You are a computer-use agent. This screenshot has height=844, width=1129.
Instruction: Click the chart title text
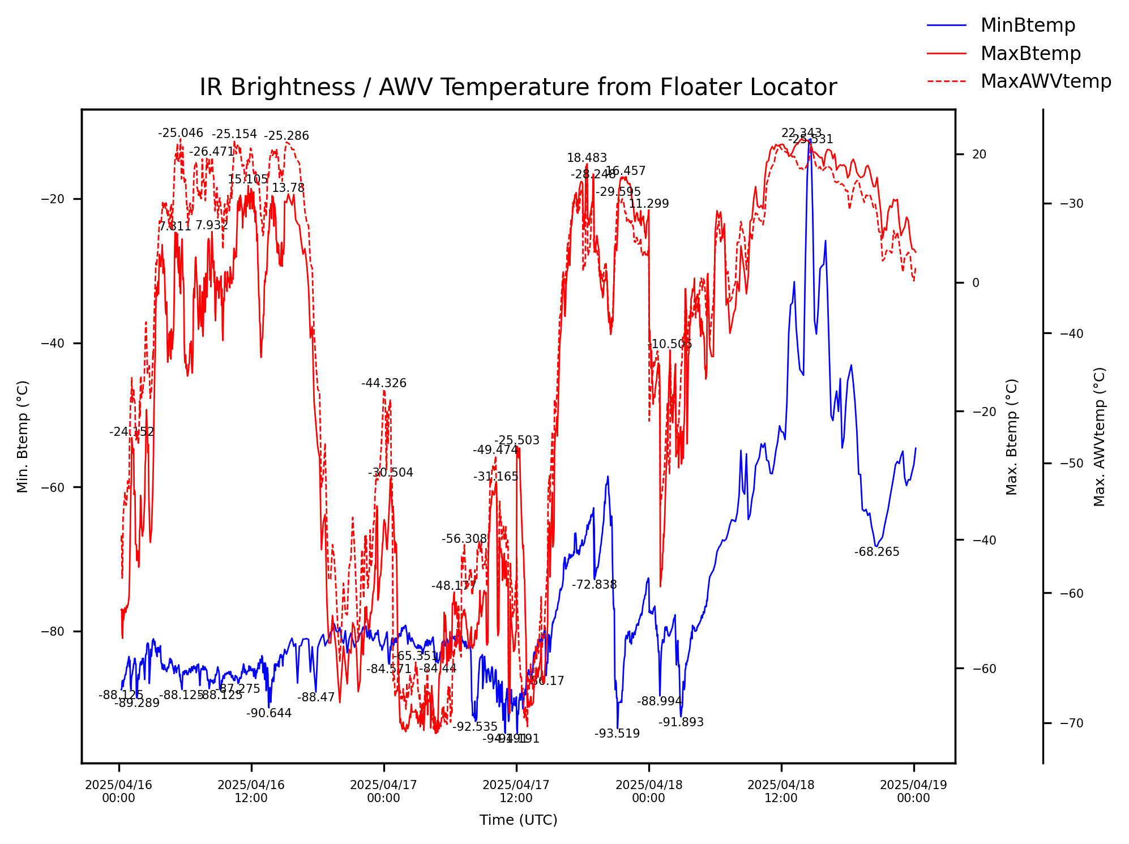518,88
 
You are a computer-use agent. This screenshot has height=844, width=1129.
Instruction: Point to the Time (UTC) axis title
518,820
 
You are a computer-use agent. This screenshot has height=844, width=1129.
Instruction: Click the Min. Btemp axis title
23,436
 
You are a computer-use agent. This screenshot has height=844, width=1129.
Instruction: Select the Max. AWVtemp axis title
1100,436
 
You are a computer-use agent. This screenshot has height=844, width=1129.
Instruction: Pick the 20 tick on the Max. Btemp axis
979,155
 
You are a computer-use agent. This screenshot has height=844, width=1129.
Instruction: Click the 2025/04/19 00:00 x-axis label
913,791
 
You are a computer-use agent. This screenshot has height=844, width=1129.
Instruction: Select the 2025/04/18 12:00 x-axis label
781,791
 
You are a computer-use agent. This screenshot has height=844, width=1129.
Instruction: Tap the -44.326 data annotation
384,383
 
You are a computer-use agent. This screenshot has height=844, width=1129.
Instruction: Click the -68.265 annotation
876,552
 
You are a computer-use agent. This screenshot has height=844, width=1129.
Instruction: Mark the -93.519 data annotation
617,734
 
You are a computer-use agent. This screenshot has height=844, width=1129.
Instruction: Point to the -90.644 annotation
269,713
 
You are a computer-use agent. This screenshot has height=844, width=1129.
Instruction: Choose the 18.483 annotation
587,158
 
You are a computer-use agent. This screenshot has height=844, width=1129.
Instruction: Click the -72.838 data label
594,585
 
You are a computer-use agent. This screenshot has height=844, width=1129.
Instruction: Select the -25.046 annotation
180,134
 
